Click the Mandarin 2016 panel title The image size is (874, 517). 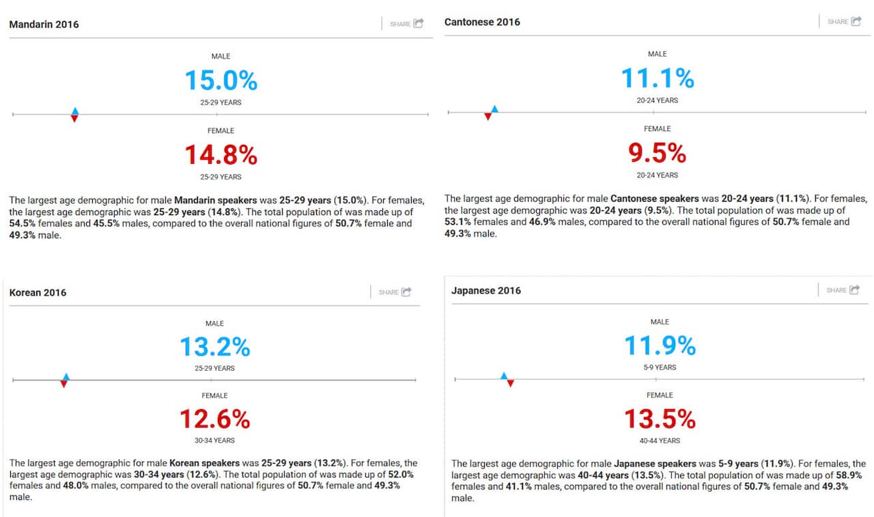44,25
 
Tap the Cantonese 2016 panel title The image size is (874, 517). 482,22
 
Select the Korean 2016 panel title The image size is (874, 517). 38,292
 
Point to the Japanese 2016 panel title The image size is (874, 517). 485,290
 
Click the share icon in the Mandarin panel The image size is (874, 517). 418,23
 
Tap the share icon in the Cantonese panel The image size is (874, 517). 856,21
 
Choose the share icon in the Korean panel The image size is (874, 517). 406,292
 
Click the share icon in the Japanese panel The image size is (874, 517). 854,290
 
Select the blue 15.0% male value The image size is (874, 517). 221,81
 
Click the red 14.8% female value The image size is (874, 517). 221,155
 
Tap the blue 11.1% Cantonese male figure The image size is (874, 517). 657,79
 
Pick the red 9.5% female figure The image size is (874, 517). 657,153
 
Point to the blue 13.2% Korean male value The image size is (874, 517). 214,347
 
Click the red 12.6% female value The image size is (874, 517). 214,418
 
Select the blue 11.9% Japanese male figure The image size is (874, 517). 660,346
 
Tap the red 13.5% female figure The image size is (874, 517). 660,417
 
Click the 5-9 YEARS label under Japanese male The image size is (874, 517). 660,367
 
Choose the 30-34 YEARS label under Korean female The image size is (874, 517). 214,441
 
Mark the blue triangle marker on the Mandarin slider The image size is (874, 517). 74,111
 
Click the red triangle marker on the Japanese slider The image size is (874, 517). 510,383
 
